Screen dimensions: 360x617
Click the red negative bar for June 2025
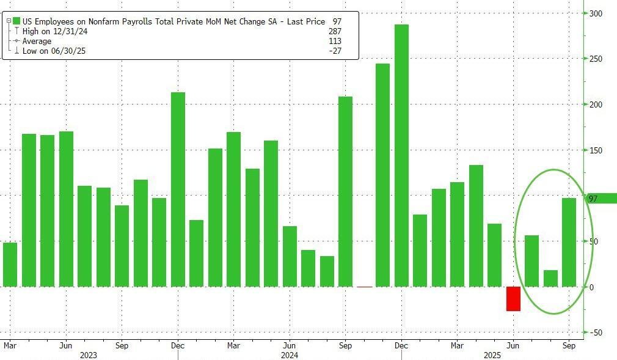(513, 298)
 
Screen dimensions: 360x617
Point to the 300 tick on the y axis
(596, 13)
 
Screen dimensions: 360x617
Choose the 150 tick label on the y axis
(596, 150)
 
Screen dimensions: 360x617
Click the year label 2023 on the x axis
(89, 354)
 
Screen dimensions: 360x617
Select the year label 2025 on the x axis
(492, 354)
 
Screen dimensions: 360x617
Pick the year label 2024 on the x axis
(290, 354)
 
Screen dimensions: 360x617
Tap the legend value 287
(334, 31)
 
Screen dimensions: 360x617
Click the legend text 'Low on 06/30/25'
(54, 51)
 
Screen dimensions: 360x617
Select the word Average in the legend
(37, 41)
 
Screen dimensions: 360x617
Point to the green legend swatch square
(16, 21)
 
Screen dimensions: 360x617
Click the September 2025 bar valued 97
(569, 242)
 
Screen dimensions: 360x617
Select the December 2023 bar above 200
(178, 189)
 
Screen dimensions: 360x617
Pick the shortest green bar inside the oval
(550, 278)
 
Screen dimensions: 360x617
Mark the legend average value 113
(334, 41)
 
